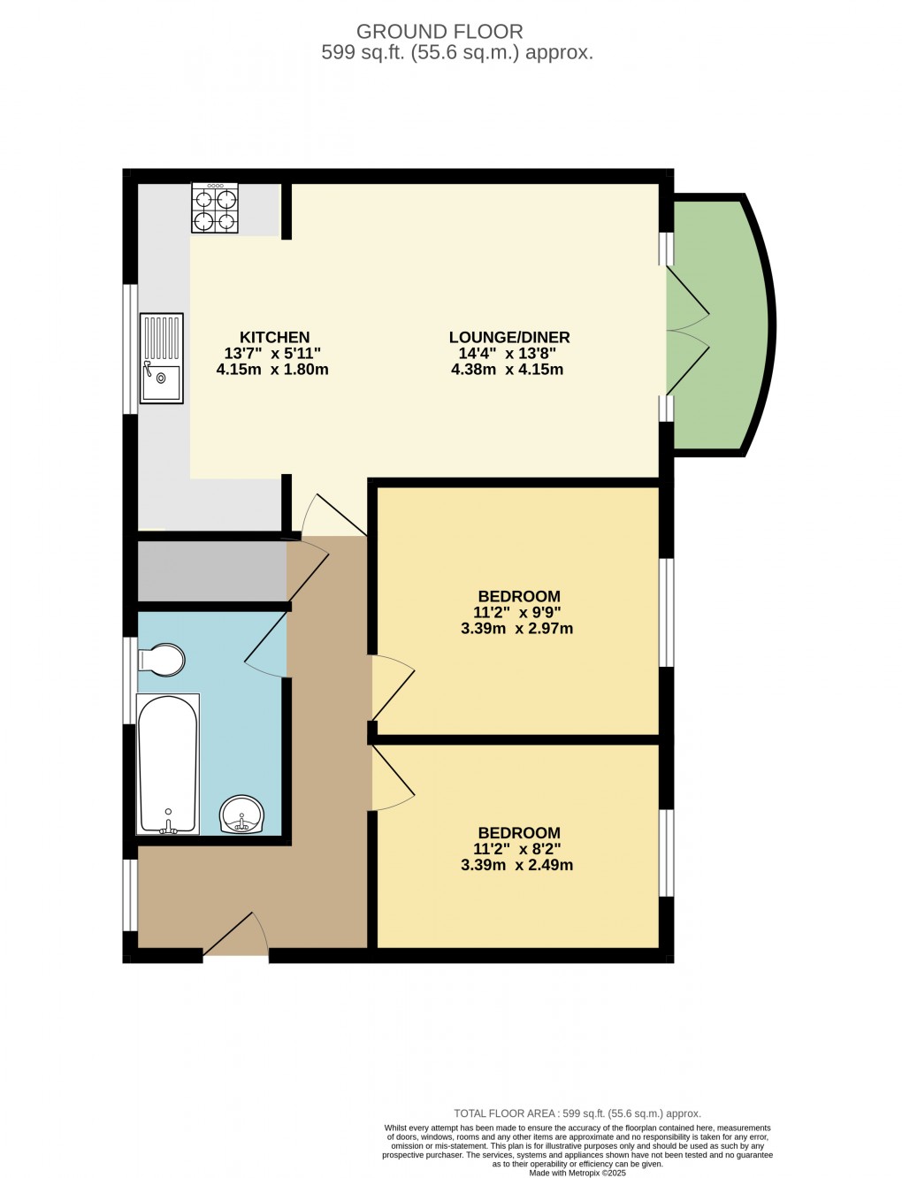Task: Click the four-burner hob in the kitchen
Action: (215, 208)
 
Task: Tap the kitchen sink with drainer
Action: (161, 358)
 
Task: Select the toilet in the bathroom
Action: (161, 660)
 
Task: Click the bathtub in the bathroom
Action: (167, 764)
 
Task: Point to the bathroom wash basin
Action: (241, 815)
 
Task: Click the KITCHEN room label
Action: (274, 337)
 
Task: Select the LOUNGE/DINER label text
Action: (508, 337)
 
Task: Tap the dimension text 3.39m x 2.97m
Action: (516, 629)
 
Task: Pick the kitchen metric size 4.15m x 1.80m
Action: (272, 370)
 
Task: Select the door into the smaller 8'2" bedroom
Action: (393, 776)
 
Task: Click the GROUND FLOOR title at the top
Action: (440, 32)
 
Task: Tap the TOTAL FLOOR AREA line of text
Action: (577, 1113)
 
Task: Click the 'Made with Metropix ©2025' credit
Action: (577, 1173)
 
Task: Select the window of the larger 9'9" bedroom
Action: (668, 611)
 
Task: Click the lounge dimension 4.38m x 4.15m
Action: (507, 370)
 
